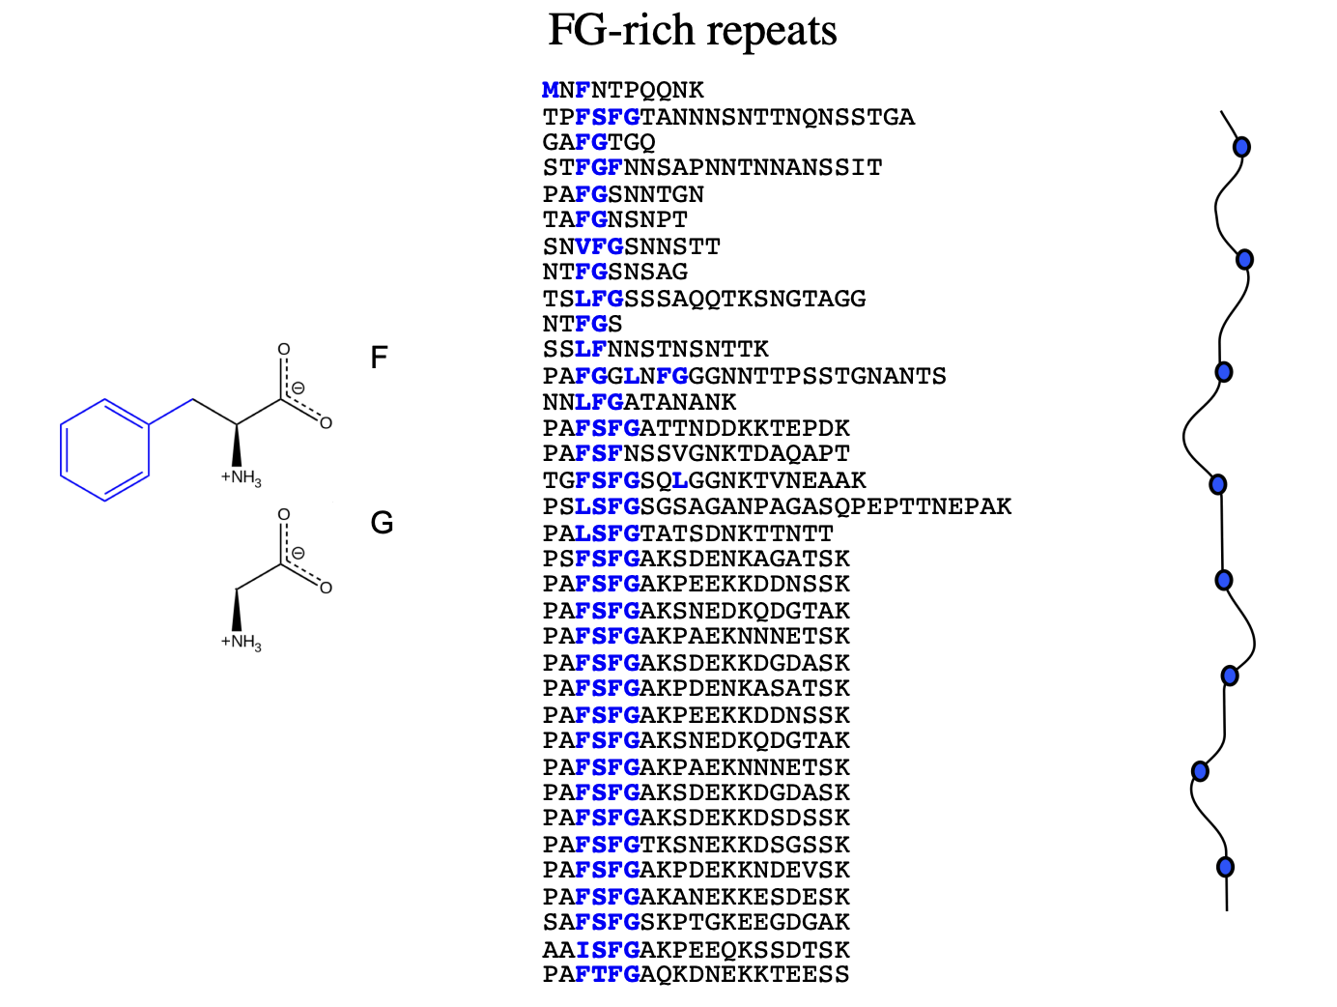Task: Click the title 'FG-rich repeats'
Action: click(692, 31)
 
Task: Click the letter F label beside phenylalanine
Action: click(379, 359)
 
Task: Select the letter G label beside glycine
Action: click(382, 524)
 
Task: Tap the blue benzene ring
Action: click(104, 449)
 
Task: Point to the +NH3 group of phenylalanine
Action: click(241, 477)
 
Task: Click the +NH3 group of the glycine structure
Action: click(241, 643)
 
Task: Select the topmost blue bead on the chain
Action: click(1242, 147)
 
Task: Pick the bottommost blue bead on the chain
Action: click(1225, 866)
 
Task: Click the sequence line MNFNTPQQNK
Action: click(623, 91)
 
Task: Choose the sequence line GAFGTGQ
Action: click(599, 143)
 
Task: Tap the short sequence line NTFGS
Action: click(583, 324)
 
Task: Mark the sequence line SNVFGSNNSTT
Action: click(631, 247)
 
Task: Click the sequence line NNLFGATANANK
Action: click(640, 402)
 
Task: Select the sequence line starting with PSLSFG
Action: click(777, 506)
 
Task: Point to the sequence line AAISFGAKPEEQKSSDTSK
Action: click(696, 950)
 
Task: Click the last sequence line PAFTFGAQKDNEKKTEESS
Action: click(696, 975)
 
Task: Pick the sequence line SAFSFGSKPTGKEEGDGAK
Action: click(696, 923)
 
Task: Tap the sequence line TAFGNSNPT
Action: click(614, 220)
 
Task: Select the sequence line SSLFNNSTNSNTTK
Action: click(655, 350)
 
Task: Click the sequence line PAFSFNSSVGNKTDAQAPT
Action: click(696, 454)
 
